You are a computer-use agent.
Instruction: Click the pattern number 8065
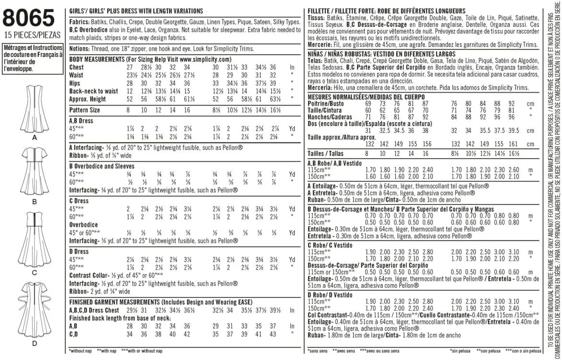[28, 19]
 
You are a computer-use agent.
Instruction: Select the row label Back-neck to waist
[93, 91]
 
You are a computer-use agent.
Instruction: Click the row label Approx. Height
[88, 99]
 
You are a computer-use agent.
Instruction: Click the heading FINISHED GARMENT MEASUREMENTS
[114, 302]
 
